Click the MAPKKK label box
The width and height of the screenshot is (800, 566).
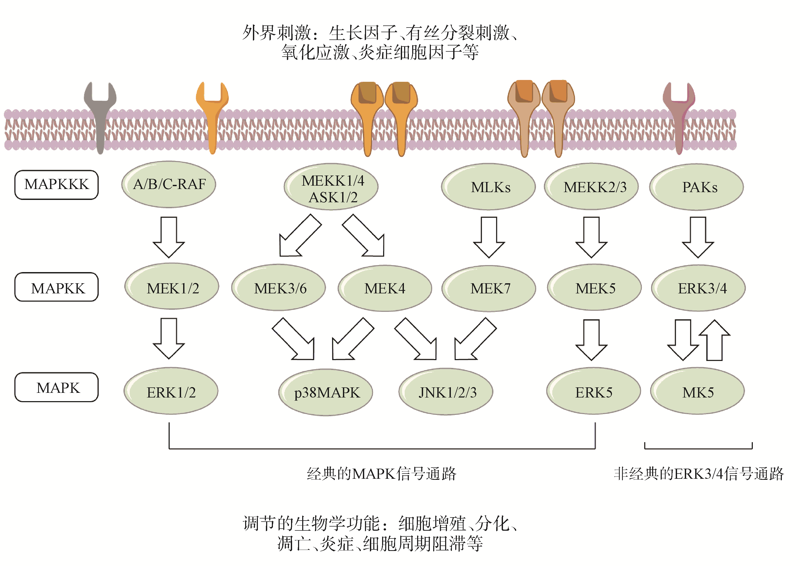pos(57,185)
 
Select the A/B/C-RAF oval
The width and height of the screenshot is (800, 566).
pos(169,184)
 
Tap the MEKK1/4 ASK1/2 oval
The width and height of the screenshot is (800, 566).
pos(331,187)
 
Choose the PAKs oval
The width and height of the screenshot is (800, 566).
pos(697,187)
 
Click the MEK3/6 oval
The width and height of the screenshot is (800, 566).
pos(279,288)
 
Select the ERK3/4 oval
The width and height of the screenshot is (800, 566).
pos(699,288)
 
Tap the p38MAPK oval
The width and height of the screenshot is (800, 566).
pos(326,392)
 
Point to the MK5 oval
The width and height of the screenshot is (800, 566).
pos(698,392)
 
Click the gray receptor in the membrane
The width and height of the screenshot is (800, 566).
pos(100,115)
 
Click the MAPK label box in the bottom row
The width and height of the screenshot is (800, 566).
pos(57,387)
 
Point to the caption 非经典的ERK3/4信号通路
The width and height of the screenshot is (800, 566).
pos(699,474)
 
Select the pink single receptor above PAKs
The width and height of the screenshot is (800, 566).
pos(679,115)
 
